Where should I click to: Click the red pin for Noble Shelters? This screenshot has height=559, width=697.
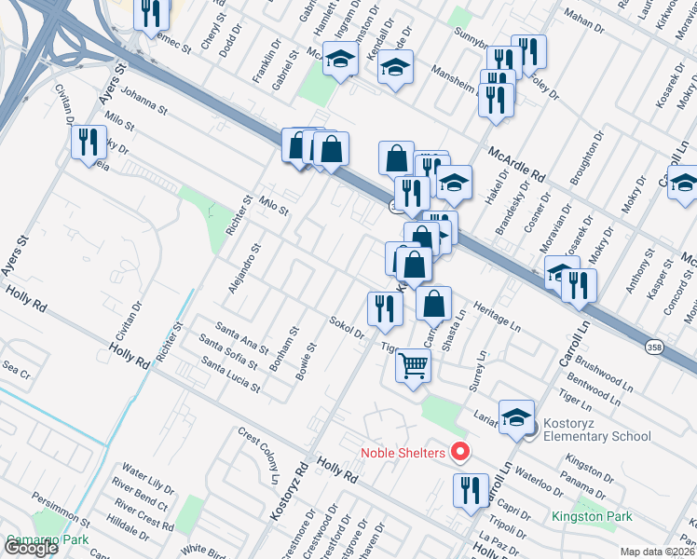point(459,453)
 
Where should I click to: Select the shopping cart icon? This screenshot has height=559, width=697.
point(413,364)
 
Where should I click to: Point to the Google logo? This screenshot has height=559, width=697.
point(32,548)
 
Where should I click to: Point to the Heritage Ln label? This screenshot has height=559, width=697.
point(496,315)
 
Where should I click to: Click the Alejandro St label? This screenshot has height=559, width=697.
point(244,269)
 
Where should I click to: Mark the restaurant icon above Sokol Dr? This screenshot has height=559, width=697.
point(384,308)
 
